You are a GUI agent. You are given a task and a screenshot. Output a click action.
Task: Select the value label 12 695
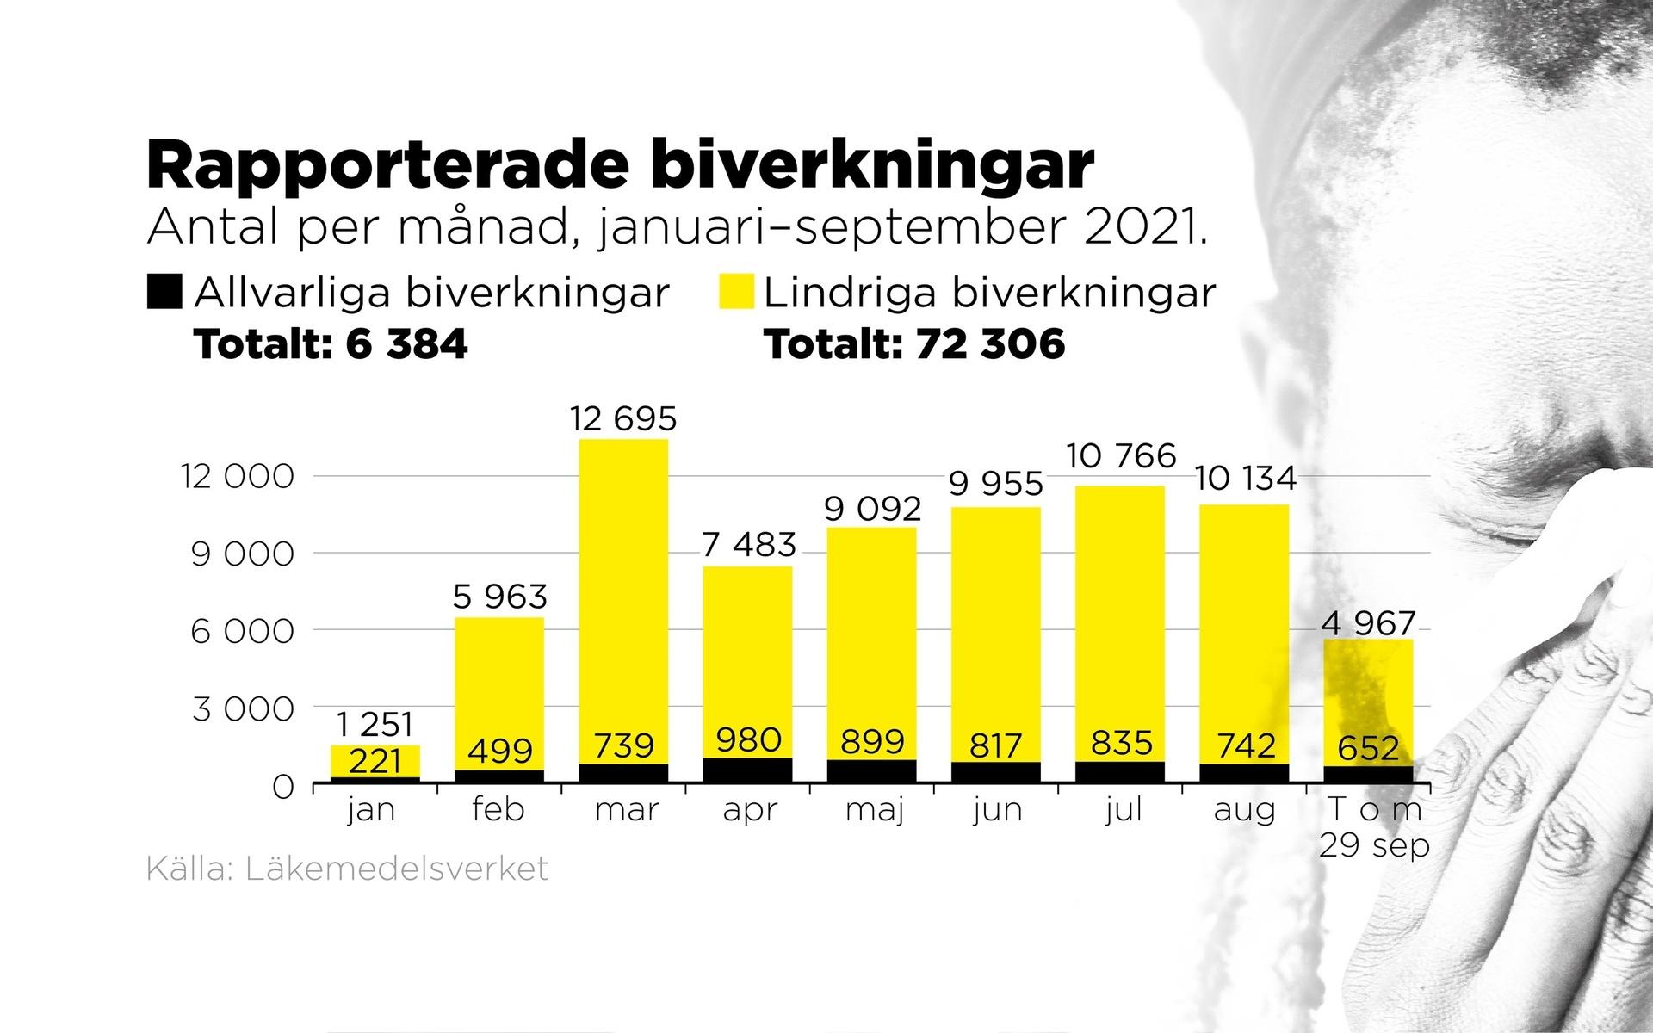click(x=623, y=419)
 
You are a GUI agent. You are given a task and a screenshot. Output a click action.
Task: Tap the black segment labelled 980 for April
click(x=748, y=770)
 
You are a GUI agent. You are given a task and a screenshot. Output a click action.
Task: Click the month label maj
click(x=872, y=811)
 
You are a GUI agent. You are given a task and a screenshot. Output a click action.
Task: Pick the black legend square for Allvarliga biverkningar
click(x=164, y=292)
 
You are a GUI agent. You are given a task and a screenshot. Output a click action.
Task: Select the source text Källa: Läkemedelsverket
click(x=347, y=869)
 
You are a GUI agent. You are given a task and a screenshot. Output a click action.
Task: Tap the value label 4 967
click(x=1369, y=623)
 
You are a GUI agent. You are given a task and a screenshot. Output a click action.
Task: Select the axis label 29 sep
click(x=1374, y=845)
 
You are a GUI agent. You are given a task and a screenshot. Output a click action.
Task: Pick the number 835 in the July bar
click(x=1120, y=743)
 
